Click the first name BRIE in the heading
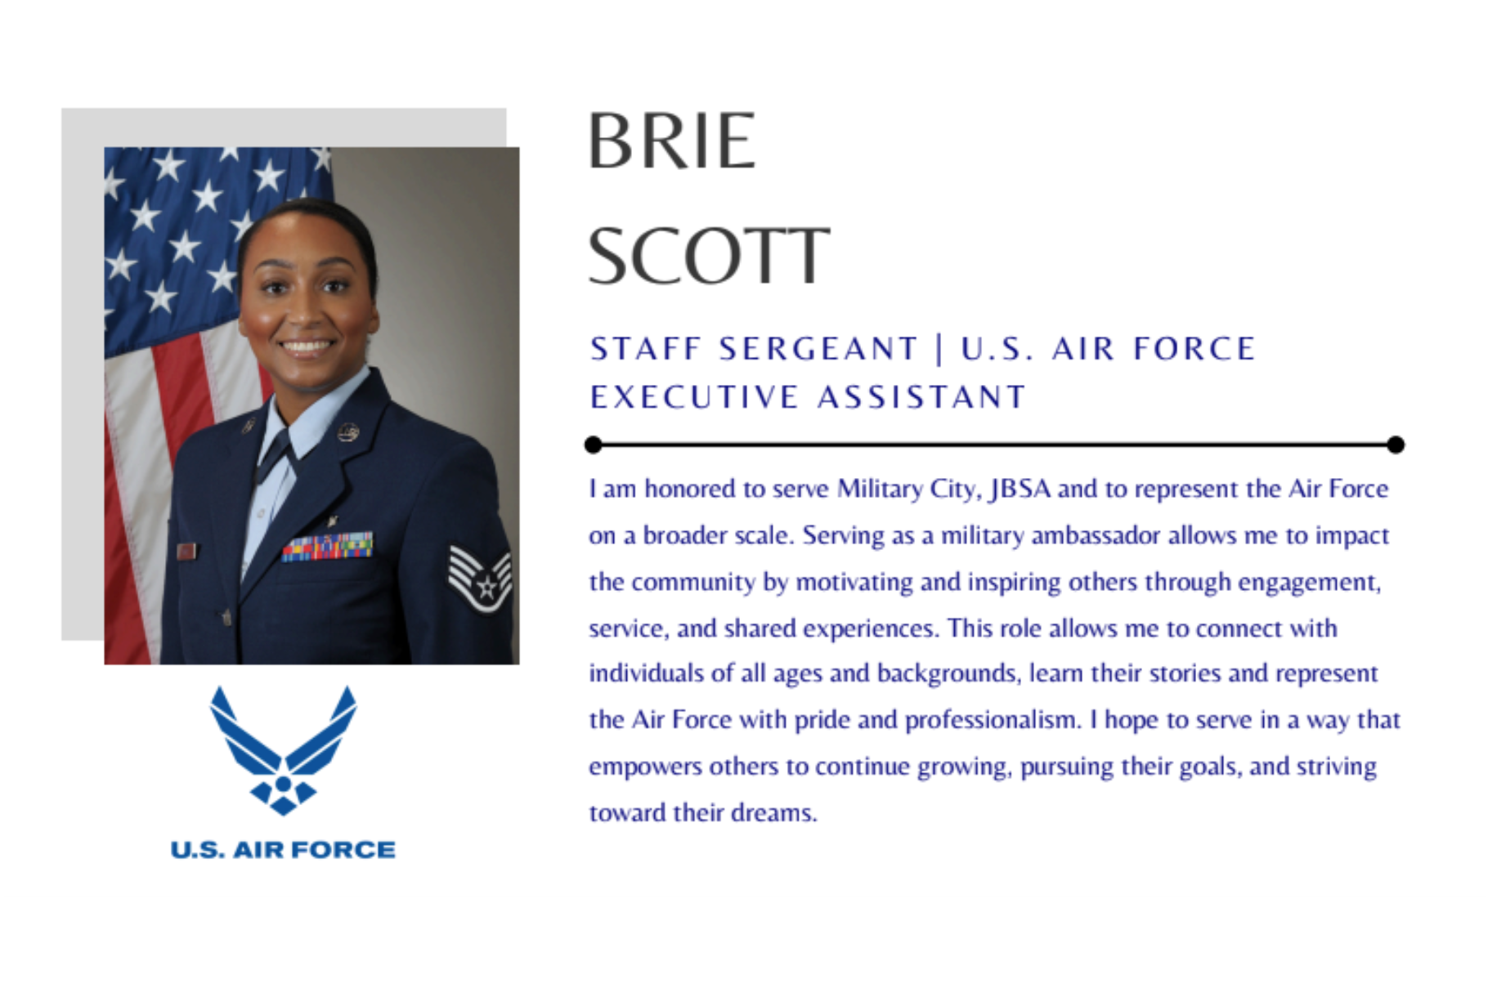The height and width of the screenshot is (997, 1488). [671, 141]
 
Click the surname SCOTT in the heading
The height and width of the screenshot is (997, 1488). [709, 256]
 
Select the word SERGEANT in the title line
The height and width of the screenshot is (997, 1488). [818, 349]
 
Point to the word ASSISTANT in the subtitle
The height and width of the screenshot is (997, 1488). [921, 397]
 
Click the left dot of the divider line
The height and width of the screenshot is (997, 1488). [594, 445]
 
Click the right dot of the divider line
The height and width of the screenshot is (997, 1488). [1396, 445]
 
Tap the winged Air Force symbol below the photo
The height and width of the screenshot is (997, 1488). [283, 749]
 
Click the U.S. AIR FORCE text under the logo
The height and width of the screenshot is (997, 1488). [283, 850]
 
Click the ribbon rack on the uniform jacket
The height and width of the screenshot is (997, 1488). [327, 547]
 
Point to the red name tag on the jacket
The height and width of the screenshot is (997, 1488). [186, 552]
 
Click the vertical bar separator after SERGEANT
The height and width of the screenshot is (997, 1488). [939, 349]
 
